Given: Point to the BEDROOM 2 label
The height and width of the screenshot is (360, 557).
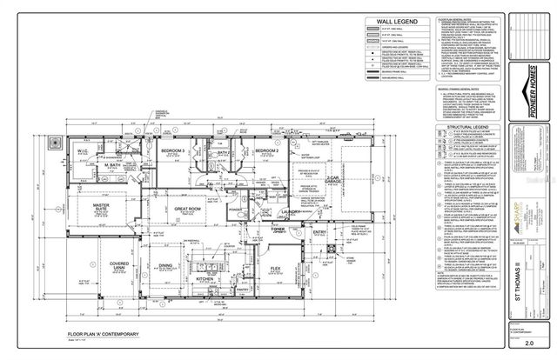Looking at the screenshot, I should click(266, 151).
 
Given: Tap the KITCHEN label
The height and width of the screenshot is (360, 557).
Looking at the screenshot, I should click(205, 279).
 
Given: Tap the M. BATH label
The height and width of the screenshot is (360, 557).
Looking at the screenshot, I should click(114, 165).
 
